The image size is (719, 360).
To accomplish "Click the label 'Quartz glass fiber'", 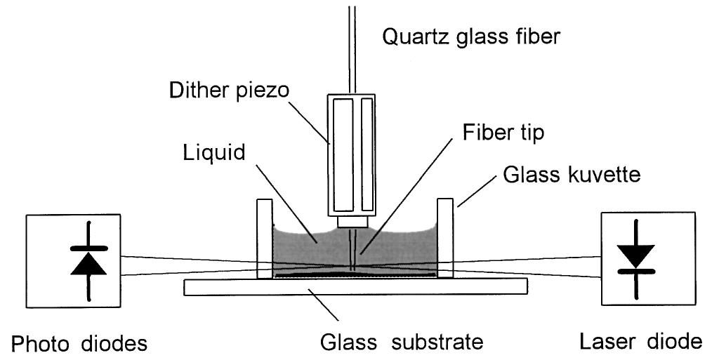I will tap(471, 36).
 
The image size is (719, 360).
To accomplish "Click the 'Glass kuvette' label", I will tap(572, 174).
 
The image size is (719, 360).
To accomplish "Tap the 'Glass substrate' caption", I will tap(401, 342).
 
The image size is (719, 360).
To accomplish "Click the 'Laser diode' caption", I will tap(640, 342).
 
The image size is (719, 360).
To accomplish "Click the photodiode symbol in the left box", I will tap(88, 260).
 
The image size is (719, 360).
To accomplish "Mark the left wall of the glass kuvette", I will tap(264, 239).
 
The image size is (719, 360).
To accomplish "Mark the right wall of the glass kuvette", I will tap(445, 239).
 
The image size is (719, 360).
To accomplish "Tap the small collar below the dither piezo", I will tap(353, 222).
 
